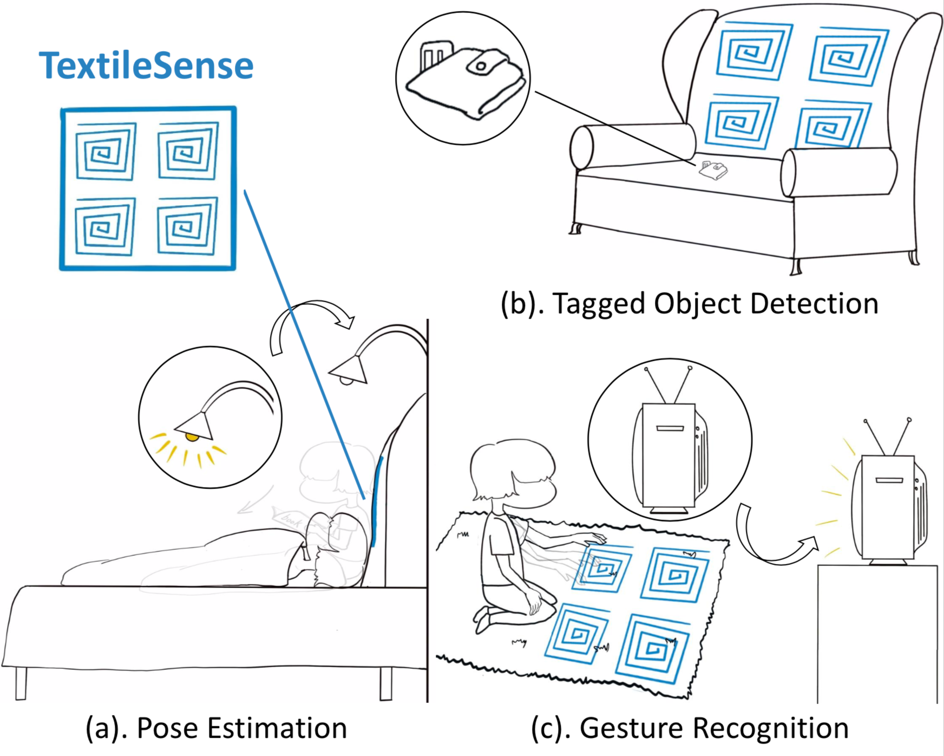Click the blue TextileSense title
click(x=146, y=66)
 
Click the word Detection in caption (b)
click(x=814, y=303)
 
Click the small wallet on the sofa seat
click(x=713, y=170)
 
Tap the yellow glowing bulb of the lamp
click(x=192, y=436)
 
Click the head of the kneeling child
click(x=512, y=472)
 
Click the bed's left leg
click(x=21, y=683)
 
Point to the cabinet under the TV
click(x=877, y=634)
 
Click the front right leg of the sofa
click(x=795, y=265)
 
